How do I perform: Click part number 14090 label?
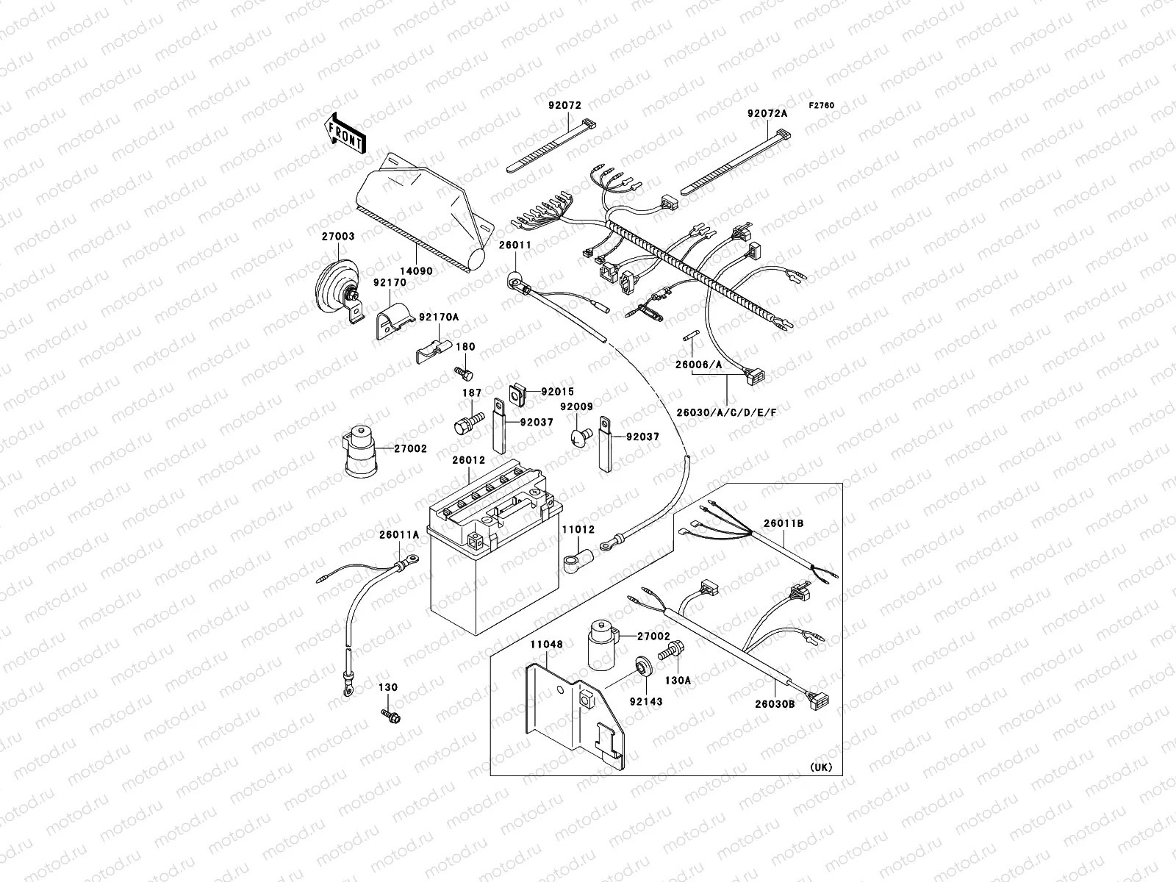417,271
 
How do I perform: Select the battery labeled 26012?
492,559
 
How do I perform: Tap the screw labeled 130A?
673,650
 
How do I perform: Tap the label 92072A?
767,113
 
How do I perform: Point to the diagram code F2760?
822,106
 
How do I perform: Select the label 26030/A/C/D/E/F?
726,412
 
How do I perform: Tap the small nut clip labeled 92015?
517,393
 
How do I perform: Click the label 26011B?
783,523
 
